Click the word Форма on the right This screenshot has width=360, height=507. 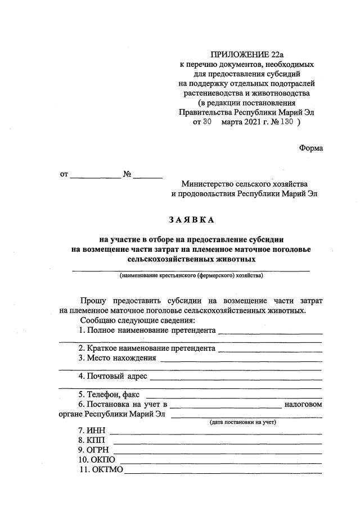pyautogui.click(x=310, y=148)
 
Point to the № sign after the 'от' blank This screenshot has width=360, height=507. pyautogui.click(x=127, y=175)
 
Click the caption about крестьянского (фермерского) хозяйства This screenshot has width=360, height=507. pyautogui.click(x=191, y=277)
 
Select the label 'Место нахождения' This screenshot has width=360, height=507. pyautogui.click(x=117, y=359)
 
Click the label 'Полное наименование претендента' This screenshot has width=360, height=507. pyautogui.click(x=147, y=330)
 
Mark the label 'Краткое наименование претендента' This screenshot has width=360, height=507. pyautogui.click(x=147, y=349)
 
